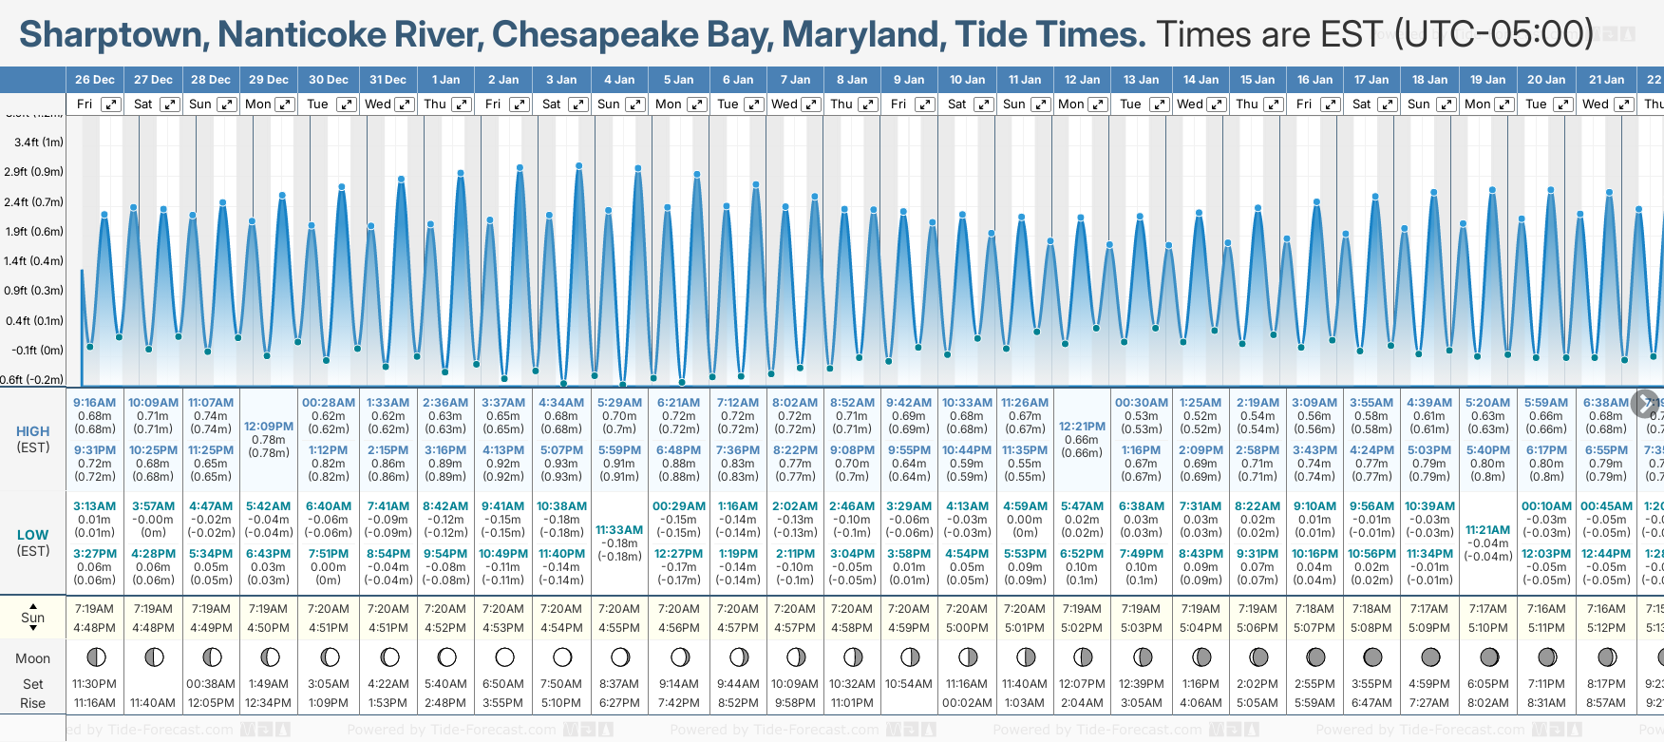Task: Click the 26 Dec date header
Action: point(95,80)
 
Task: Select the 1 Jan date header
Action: point(445,80)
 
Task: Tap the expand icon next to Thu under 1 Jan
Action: point(461,105)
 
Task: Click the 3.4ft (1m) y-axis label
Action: point(39,143)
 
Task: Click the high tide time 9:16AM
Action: point(95,403)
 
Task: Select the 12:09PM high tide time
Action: point(269,427)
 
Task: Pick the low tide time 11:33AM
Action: point(619,530)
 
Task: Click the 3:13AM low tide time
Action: point(95,506)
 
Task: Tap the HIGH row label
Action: point(33,431)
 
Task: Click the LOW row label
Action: point(33,535)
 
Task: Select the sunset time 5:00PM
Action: point(967,628)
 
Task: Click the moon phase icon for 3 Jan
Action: point(562,656)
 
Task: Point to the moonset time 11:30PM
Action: point(95,684)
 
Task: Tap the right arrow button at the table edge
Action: point(1645,403)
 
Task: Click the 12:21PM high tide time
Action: point(1083,427)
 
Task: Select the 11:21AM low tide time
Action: point(1488,530)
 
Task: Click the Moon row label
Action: point(33,658)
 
